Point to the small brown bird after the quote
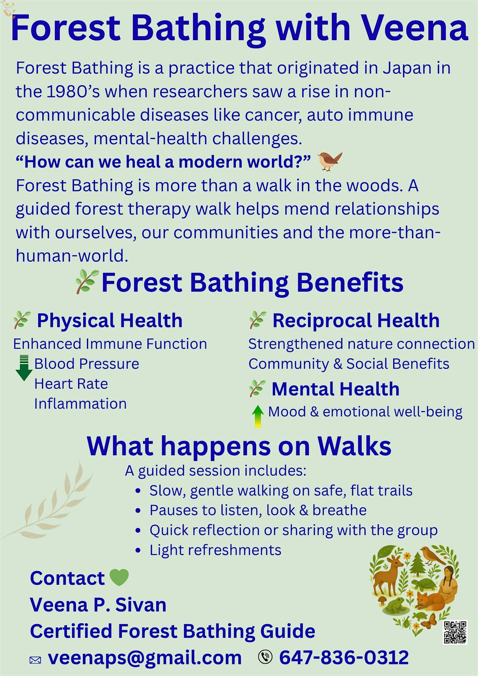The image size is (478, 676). click(x=330, y=161)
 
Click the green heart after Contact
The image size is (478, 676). click(x=119, y=578)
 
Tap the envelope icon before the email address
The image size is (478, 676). click(x=35, y=660)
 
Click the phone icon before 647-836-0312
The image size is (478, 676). click(x=265, y=657)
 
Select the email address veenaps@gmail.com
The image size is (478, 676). click(x=145, y=657)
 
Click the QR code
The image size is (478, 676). click(x=455, y=632)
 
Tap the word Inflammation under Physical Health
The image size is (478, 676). click(x=80, y=404)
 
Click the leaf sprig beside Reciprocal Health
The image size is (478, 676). click(x=257, y=320)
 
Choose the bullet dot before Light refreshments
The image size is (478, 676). click(x=138, y=551)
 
